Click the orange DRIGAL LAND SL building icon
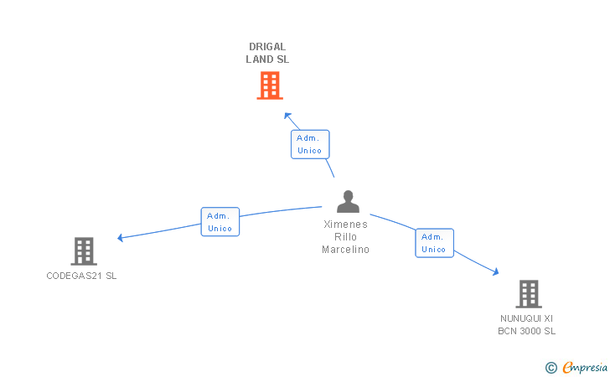coord(269,85)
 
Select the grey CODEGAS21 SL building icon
coord(83,250)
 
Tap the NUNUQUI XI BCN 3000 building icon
coord(528,294)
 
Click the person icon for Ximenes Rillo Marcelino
coord(348,202)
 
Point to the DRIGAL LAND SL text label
coord(267,53)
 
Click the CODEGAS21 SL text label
coord(81,276)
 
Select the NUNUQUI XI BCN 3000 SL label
coord(527,324)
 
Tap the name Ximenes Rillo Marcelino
coord(346,236)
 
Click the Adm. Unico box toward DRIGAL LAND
coord(310,144)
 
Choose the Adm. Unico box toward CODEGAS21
coord(220,222)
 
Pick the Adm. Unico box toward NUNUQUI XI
coord(434,243)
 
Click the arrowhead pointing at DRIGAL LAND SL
coord(287,116)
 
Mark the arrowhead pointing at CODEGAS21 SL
coord(121,238)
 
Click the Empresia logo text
coord(585,367)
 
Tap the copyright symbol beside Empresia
coord(551,367)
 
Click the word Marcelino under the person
coord(346,250)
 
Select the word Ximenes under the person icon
coord(346,224)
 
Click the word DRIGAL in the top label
coord(267,47)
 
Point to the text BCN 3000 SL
coord(527,331)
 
